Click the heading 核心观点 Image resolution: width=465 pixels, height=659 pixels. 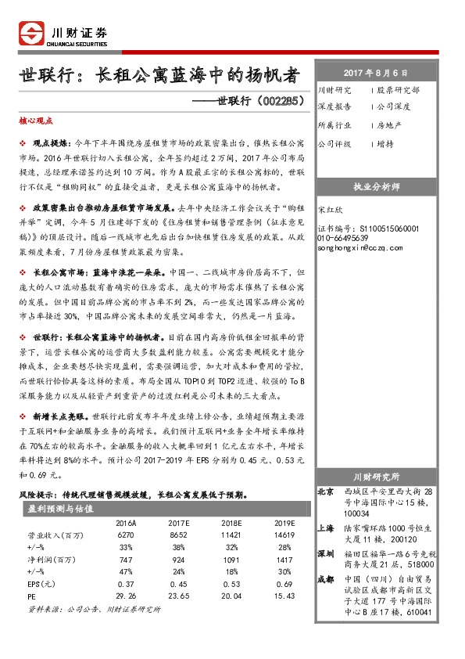[35, 122]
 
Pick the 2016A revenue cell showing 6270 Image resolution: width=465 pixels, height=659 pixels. [127, 535]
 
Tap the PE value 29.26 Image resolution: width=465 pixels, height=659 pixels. [127, 596]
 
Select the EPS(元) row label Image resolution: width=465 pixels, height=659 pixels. [40, 585]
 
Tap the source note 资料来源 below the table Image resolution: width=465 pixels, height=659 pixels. [93, 608]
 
